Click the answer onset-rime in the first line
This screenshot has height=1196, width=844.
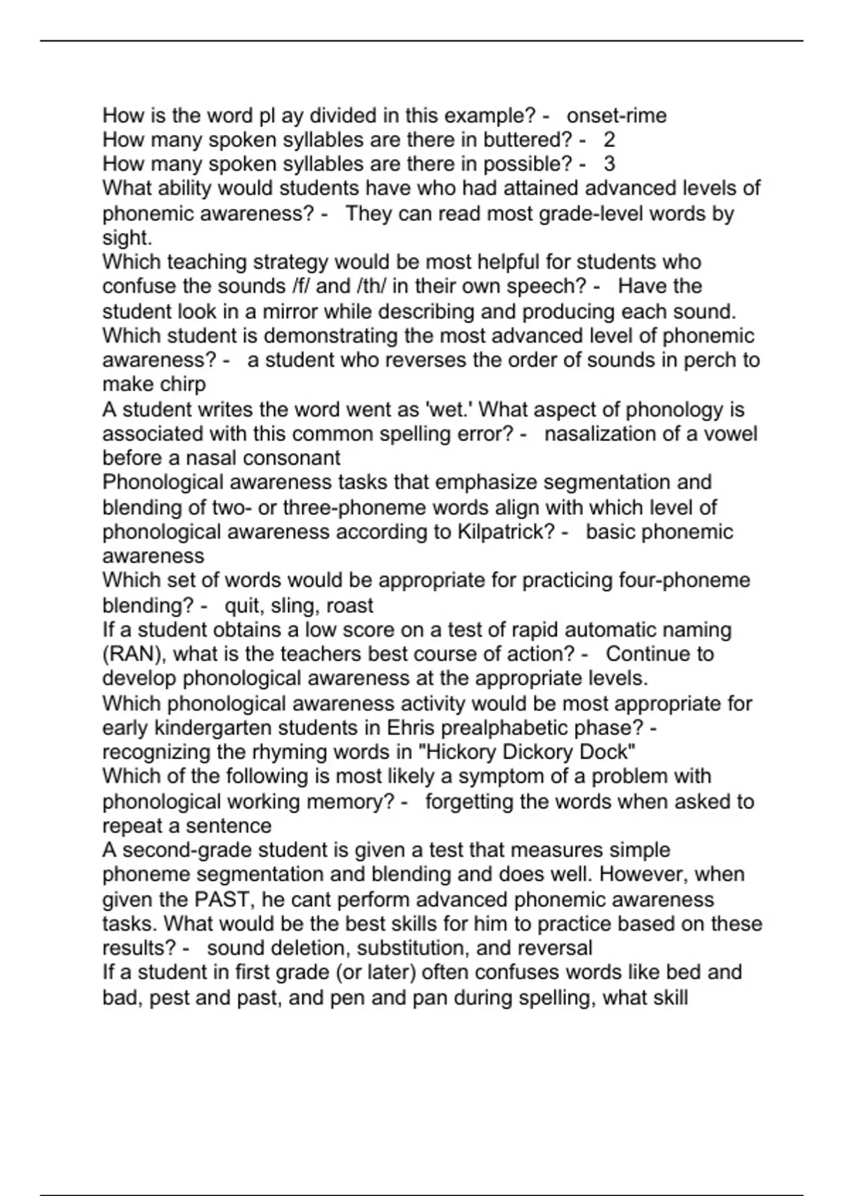click(x=616, y=115)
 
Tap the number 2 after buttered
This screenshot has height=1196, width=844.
click(x=609, y=140)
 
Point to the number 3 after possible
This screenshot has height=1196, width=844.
click(x=609, y=164)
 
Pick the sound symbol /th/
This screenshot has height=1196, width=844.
click(x=353, y=286)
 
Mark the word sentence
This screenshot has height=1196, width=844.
click(x=228, y=825)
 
